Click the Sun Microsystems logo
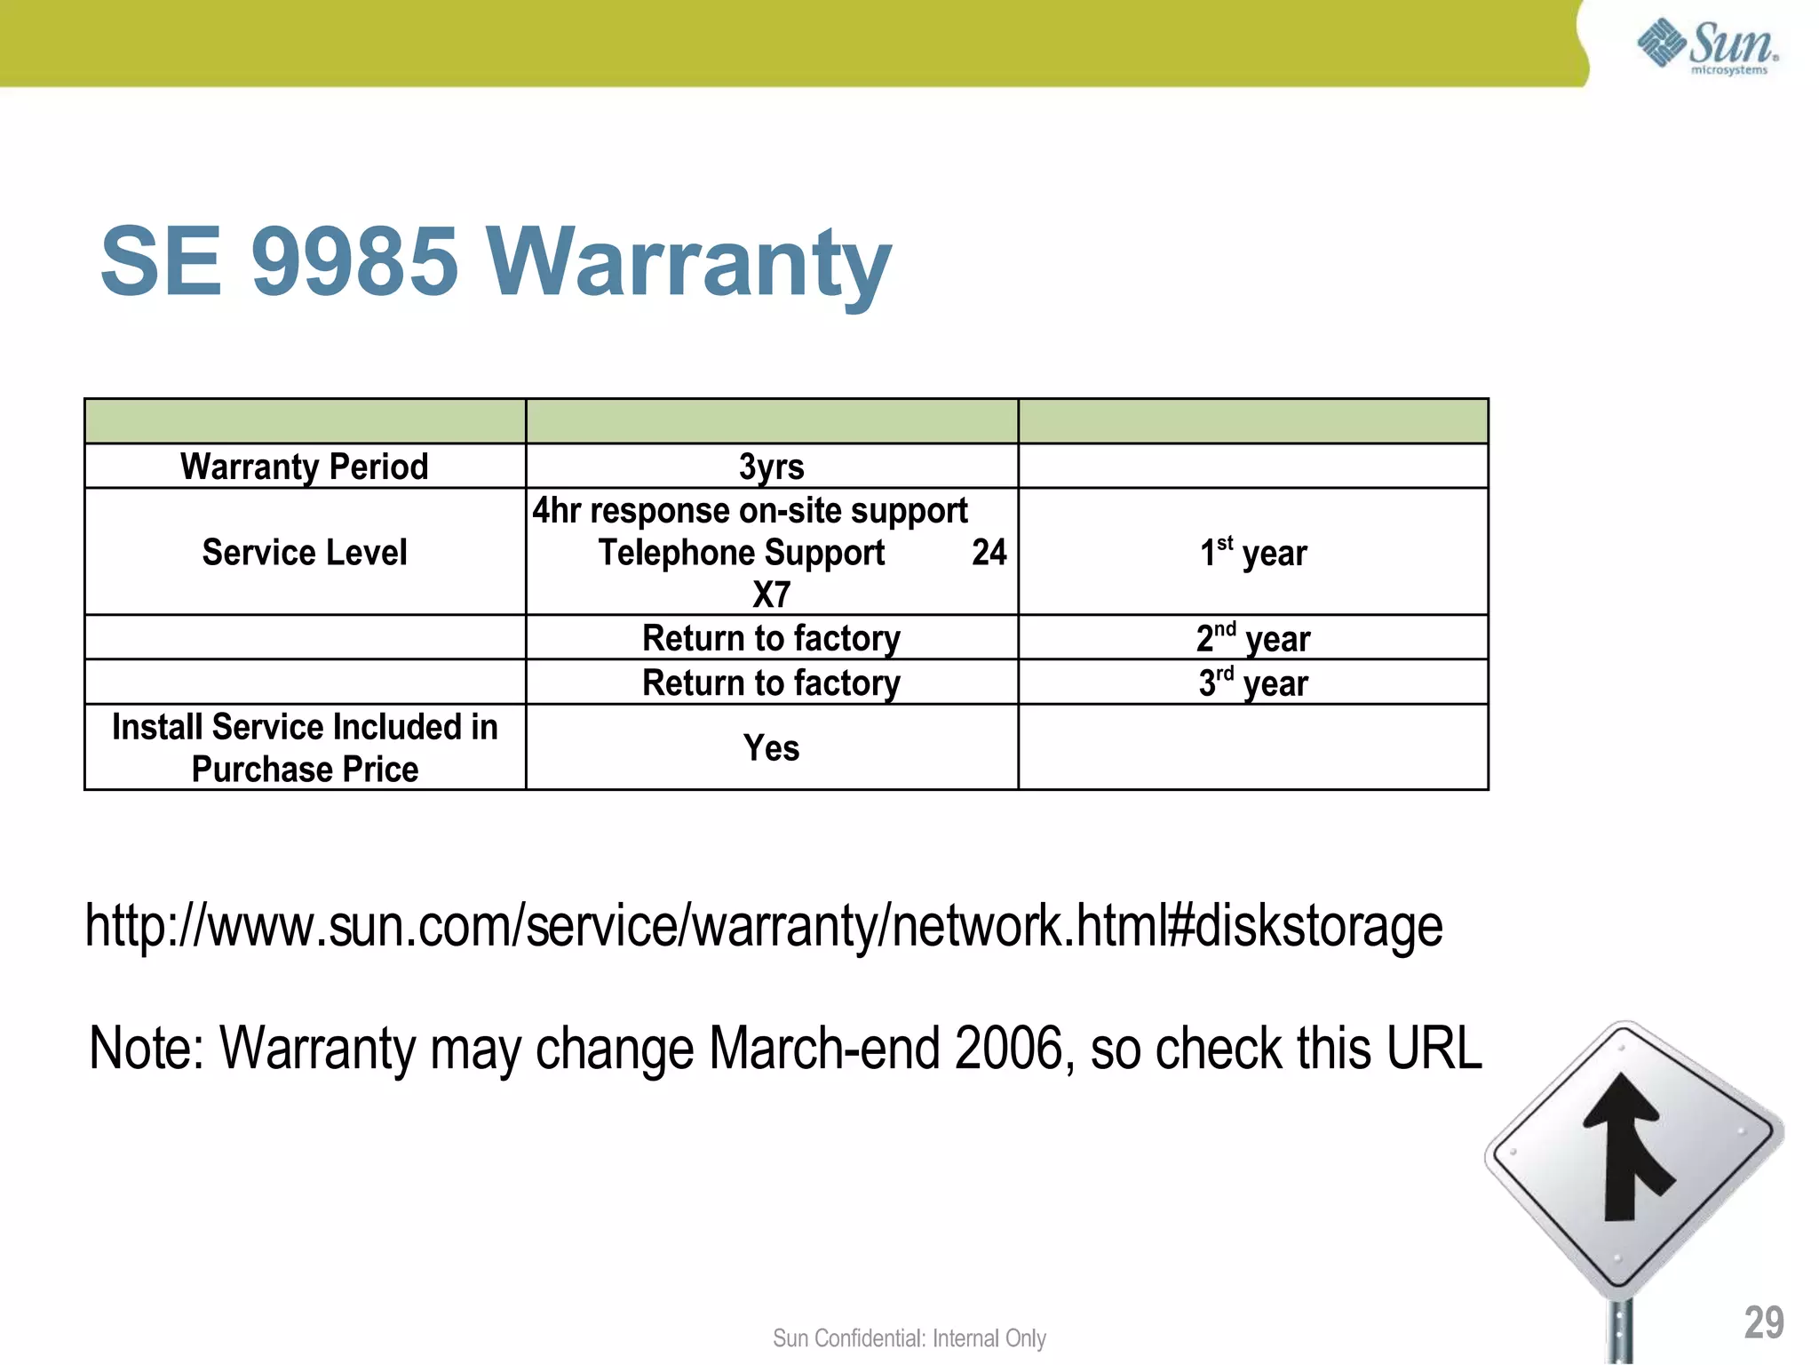[1706, 45]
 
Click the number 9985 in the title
[354, 261]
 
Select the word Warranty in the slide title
[688, 263]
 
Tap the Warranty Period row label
[305, 467]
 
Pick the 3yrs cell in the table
[771, 467]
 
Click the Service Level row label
[305, 552]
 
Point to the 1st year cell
[1253, 553]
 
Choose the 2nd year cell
[1253, 638]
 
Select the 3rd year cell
[1253, 682]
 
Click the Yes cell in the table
[771, 747]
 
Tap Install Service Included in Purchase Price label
[305, 747]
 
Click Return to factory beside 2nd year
[771, 638]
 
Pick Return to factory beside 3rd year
[771, 682]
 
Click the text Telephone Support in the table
[742, 553]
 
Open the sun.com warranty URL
[764, 926]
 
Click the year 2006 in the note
[1010, 1049]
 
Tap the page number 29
[1764, 1322]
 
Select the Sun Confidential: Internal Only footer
[909, 1338]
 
